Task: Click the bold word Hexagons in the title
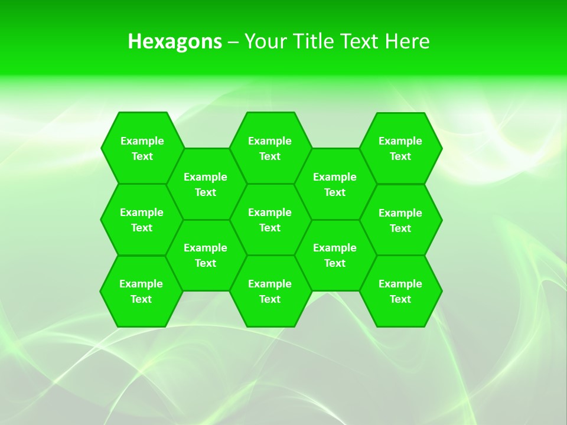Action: pyautogui.click(x=175, y=41)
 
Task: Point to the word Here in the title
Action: pyautogui.click(x=407, y=41)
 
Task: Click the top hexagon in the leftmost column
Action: pyautogui.click(x=142, y=148)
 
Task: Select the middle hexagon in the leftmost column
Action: pyautogui.click(x=142, y=220)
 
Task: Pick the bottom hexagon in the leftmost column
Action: pyautogui.click(x=141, y=291)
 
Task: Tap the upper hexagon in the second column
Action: pyautogui.click(x=206, y=184)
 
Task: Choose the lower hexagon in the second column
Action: pyautogui.click(x=206, y=255)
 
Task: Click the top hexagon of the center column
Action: pyautogui.click(x=270, y=148)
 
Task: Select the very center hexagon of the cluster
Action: pyautogui.click(x=270, y=220)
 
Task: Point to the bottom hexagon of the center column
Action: pyautogui.click(x=270, y=291)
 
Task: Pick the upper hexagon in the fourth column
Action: pyautogui.click(x=335, y=184)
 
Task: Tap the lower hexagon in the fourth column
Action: pyautogui.click(x=335, y=255)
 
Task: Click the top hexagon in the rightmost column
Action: pyautogui.click(x=400, y=148)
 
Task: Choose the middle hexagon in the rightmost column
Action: pyautogui.click(x=400, y=220)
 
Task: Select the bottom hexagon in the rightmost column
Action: pyautogui.click(x=400, y=291)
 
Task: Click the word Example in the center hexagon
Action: pyautogui.click(x=270, y=212)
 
